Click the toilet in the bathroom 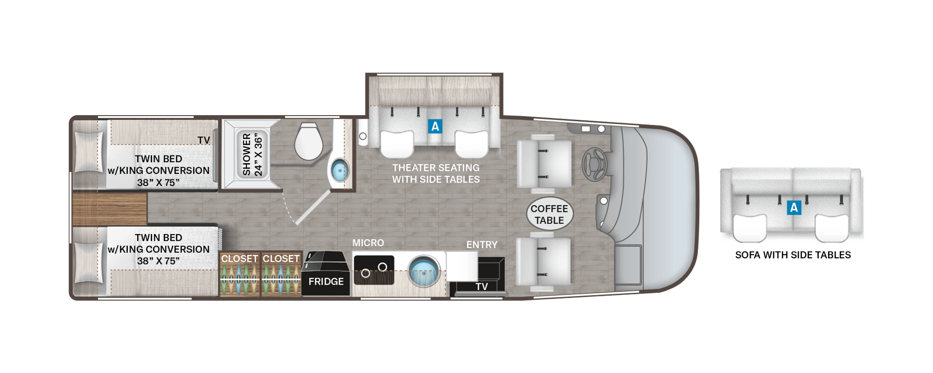point(309,141)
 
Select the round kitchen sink point(423,271)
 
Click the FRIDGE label point(326,282)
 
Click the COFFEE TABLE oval point(550,214)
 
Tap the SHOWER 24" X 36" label point(252,154)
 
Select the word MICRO point(368,243)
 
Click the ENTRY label point(482,245)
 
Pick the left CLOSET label point(240,259)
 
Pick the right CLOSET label point(281,259)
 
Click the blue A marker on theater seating point(435,126)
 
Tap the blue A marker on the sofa point(794,208)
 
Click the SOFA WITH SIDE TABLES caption point(793,255)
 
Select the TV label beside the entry point(482,287)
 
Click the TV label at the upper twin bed point(204,140)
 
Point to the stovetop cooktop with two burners point(374,270)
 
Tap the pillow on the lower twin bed point(88,262)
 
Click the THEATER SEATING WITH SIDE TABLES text point(436,173)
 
